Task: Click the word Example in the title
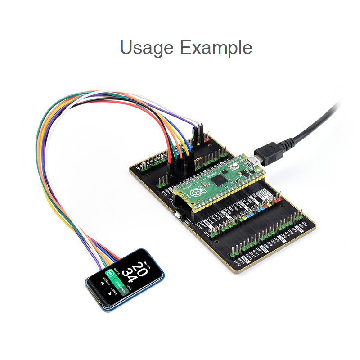(216, 47)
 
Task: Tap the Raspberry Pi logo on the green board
(197, 193)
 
